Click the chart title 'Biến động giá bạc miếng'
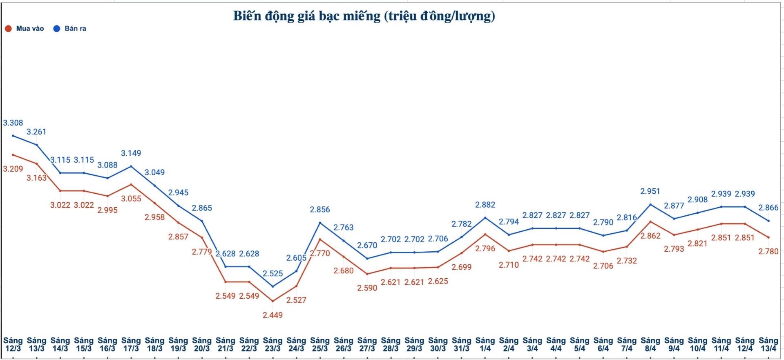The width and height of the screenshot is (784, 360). click(x=364, y=16)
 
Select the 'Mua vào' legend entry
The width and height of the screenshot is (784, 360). click(x=25, y=29)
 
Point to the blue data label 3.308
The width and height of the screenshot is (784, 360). click(x=13, y=123)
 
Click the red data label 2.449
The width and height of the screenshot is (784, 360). click(x=273, y=315)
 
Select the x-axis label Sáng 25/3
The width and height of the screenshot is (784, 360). click(x=320, y=344)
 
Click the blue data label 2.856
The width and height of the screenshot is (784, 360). click(x=320, y=210)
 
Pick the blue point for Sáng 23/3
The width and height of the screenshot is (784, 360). click(x=273, y=286)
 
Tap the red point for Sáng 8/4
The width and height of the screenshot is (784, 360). click(x=650, y=221)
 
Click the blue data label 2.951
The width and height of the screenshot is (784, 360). click(x=650, y=191)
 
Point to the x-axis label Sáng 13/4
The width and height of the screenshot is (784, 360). click(x=768, y=344)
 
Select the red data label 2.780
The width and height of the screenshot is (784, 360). click(x=768, y=252)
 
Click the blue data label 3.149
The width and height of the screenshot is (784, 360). click(x=131, y=153)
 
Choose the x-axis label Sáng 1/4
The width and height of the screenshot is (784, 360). click(x=485, y=344)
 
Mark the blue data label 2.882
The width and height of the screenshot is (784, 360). click(x=485, y=205)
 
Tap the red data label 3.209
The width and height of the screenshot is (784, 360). click(x=13, y=169)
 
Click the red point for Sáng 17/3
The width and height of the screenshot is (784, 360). click(x=131, y=184)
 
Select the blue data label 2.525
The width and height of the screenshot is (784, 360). click(x=273, y=274)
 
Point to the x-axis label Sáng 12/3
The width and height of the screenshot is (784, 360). click(x=13, y=344)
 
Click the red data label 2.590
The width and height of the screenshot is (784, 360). click(x=367, y=288)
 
